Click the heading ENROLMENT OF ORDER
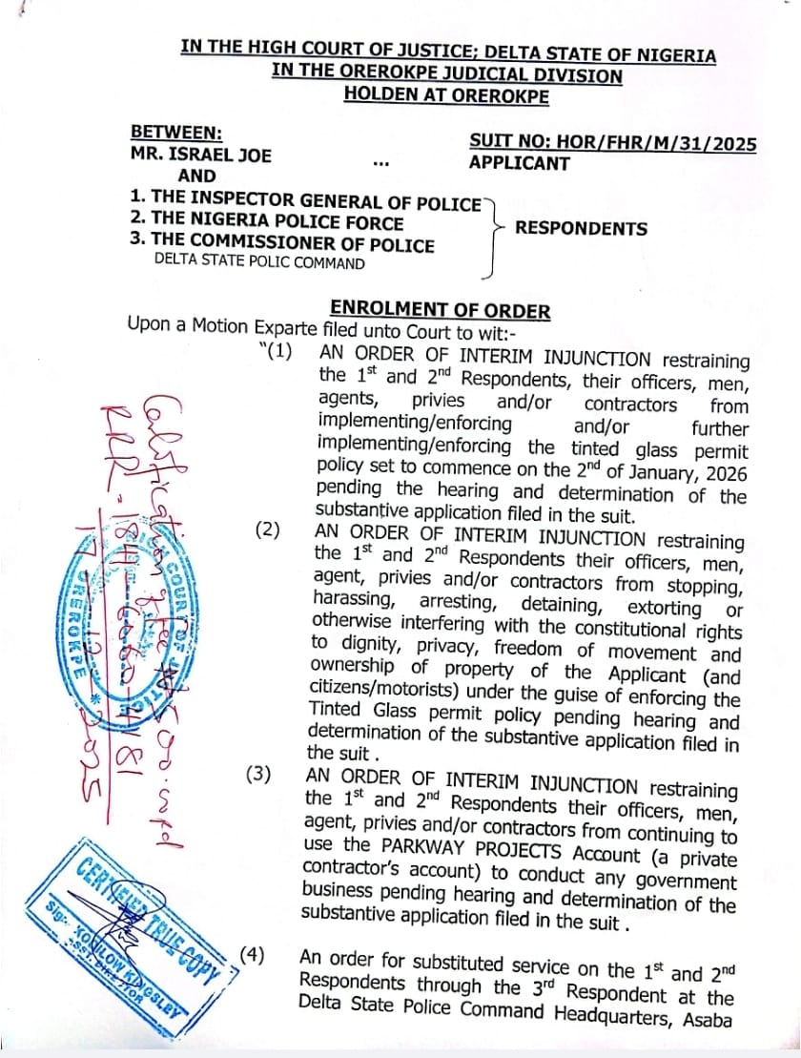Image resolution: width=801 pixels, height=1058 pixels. (440, 310)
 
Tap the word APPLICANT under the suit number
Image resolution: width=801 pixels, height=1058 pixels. (519, 163)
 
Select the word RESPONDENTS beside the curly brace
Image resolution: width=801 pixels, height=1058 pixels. (581, 229)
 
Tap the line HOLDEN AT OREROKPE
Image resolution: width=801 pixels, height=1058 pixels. (446, 94)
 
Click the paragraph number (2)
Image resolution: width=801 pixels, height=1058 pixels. (267, 529)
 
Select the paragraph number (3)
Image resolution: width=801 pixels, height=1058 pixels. (259, 775)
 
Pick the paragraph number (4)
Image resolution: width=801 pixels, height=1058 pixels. (253, 953)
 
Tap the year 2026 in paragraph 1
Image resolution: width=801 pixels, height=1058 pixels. (716, 471)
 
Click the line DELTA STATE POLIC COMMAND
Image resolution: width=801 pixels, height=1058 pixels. (258, 263)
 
